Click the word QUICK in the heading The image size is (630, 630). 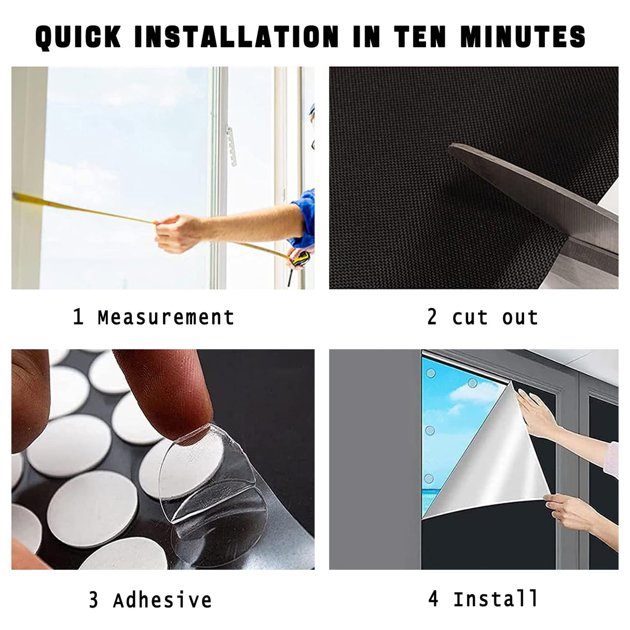pyautogui.click(x=78, y=37)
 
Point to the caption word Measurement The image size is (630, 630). pyautogui.click(x=166, y=317)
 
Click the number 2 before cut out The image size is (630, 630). pyautogui.click(x=432, y=317)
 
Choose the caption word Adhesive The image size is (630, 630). pyautogui.click(x=162, y=600)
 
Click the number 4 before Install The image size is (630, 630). pyautogui.click(x=434, y=599)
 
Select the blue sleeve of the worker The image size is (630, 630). pyautogui.click(x=305, y=218)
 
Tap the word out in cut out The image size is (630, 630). pyautogui.click(x=520, y=317)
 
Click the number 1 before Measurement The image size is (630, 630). pyautogui.click(x=78, y=317)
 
